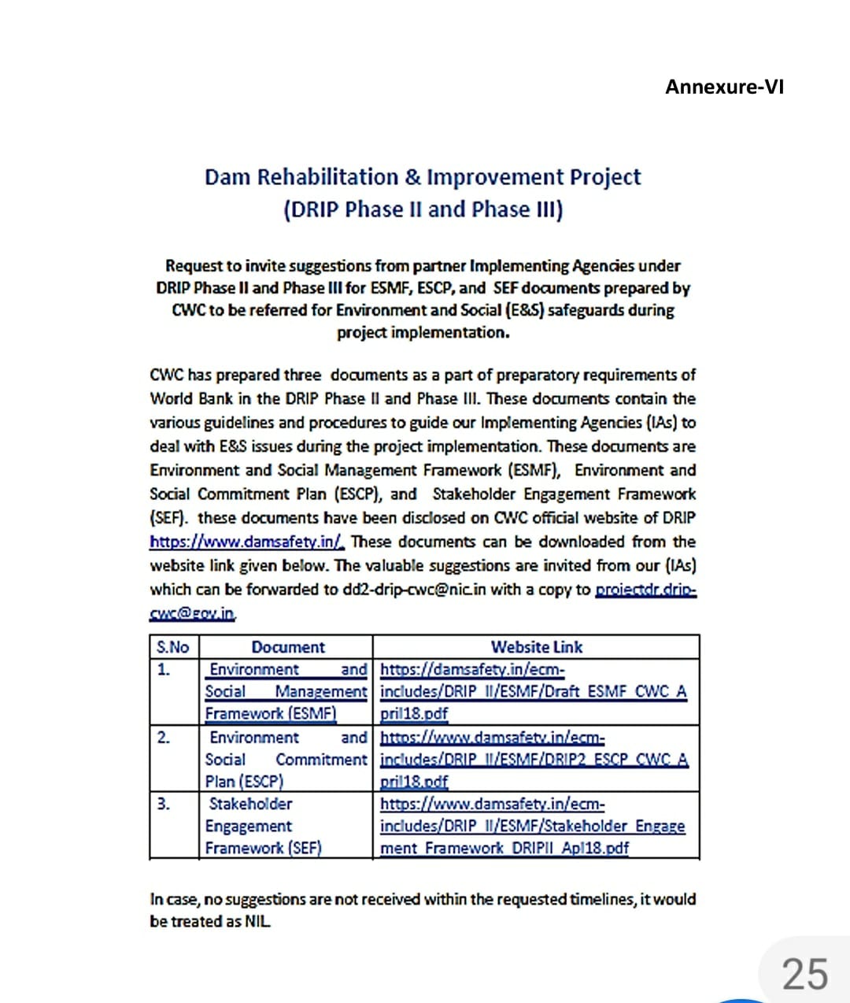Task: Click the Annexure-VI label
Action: [724, 87]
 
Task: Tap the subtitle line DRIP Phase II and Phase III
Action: [423, 209]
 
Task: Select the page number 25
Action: [804, 974]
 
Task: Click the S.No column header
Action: [173, 647]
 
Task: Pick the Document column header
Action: [287, 647]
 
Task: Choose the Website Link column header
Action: [536, 647]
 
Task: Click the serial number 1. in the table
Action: [164, 670]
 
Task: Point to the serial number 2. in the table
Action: [164, 738]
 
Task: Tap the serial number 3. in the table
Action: [164, 804]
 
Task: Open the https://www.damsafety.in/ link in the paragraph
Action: [247, 542]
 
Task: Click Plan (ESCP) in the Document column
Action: [244, 781]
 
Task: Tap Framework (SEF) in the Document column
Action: [264, 848]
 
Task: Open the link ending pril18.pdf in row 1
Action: [414, 713]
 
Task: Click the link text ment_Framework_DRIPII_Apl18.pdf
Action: [504, 848]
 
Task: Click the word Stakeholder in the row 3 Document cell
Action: [250, 804]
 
